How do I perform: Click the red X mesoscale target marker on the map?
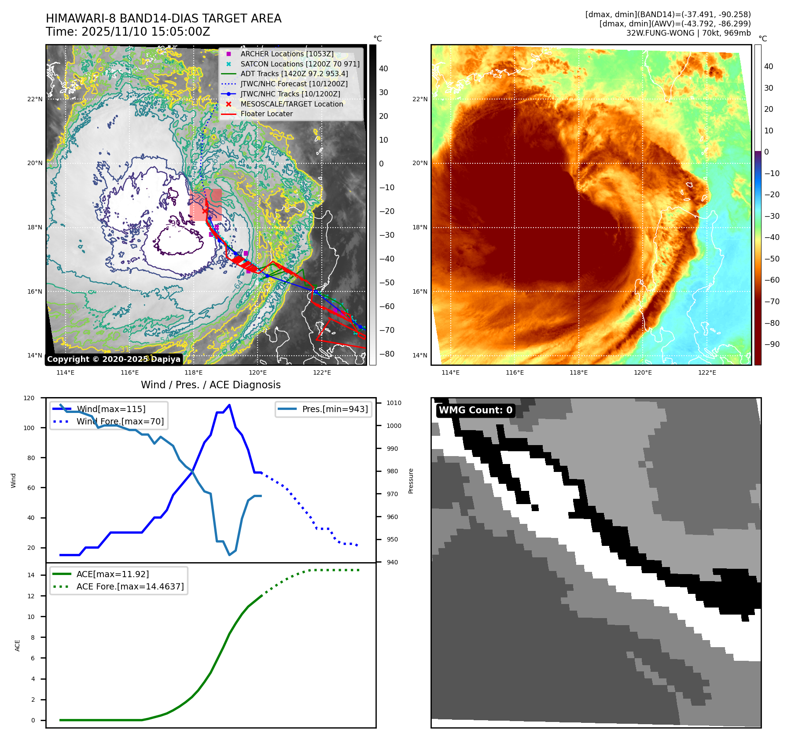(x=205, y=210)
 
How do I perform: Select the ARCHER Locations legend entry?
(x=287, y=54)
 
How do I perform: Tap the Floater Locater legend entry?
(x=266, y=114)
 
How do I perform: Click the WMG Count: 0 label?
(x=475, y=410)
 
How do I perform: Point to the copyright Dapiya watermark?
(x=114, y=359)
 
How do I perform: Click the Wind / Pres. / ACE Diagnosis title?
(x=210, y=385)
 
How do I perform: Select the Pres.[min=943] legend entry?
(x=335, y=409)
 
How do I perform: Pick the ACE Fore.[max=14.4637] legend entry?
(x=130, y=586)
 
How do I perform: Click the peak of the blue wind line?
(x=229, y=405)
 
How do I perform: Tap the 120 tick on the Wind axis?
(x=29, y=398)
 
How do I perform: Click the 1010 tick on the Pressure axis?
(x=394, y=403)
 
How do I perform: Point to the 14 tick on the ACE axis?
(x=31, y=575)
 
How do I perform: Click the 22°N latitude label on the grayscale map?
(x=35, y=99)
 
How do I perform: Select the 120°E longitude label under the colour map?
(x=643, y=372)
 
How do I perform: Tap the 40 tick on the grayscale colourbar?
(x=383, y=69)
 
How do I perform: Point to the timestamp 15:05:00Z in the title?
(x=180, y=32)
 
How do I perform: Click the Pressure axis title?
(x=411, y=481)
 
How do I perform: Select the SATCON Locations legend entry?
(x=300, y=64)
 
